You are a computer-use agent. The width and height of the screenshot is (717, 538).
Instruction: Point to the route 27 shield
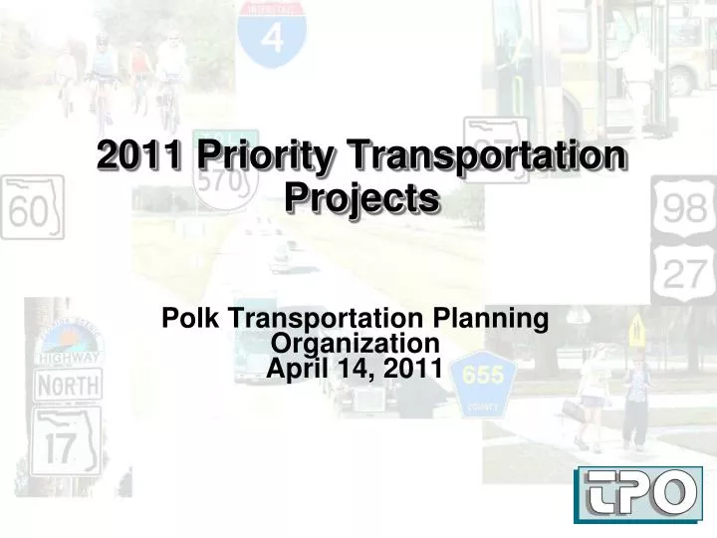tap(683, 272)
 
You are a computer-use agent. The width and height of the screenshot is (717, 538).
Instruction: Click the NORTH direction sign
tap(68, 384)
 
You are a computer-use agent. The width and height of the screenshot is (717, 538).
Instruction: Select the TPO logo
tap(637, 493)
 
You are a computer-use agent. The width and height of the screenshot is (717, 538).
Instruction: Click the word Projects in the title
tap(361, 198)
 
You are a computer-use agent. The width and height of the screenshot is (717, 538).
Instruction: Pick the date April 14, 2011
tap(356, 368)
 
